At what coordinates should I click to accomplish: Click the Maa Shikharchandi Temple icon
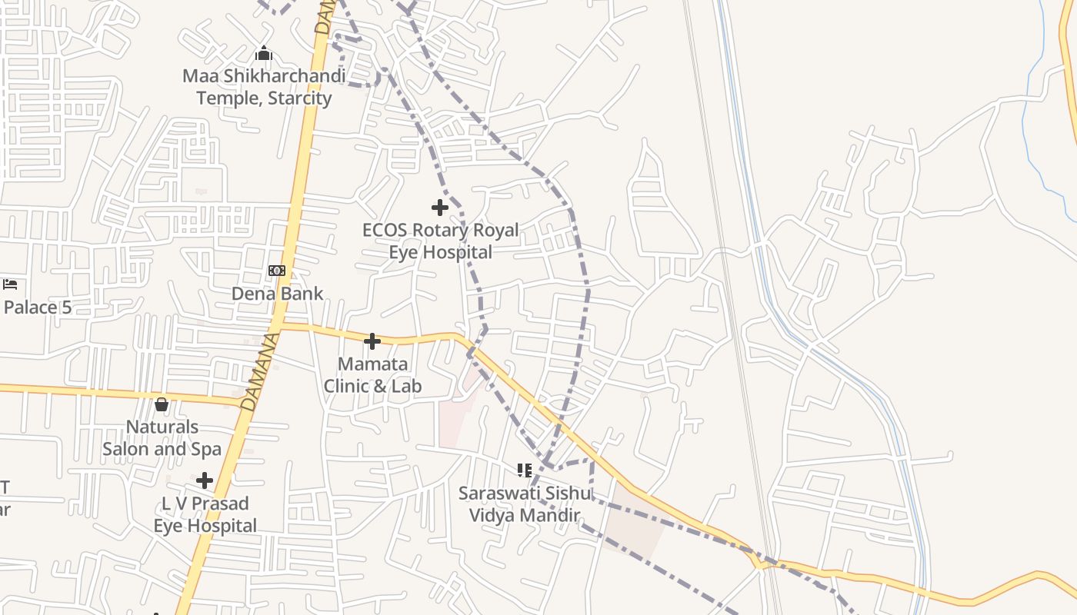(x=264, y=53)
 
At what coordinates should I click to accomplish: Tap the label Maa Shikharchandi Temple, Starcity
(x=264, y=87)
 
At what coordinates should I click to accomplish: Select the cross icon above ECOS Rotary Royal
(x=440, y=208)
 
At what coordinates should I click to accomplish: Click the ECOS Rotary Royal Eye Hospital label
(x=441, y=241)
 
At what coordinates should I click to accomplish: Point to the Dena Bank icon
(x=277, y=271)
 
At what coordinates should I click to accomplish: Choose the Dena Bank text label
(x=278, y=294)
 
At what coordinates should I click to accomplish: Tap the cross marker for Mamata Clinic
(x=372, y=341)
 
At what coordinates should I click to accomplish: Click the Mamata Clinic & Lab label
(x=373, y=374)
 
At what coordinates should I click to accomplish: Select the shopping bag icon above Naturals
(x=162, y=404)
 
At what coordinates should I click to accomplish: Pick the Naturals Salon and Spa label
(x=162, y=437)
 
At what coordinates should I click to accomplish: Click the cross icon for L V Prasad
(x=205, y=481)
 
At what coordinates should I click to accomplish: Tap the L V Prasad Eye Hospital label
(x=205, y=514)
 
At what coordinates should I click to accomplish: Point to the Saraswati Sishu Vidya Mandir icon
(x=525, y=470)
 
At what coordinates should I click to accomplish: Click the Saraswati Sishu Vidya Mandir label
(x=525, y=504)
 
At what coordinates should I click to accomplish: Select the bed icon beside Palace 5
(x=10, y=284)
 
